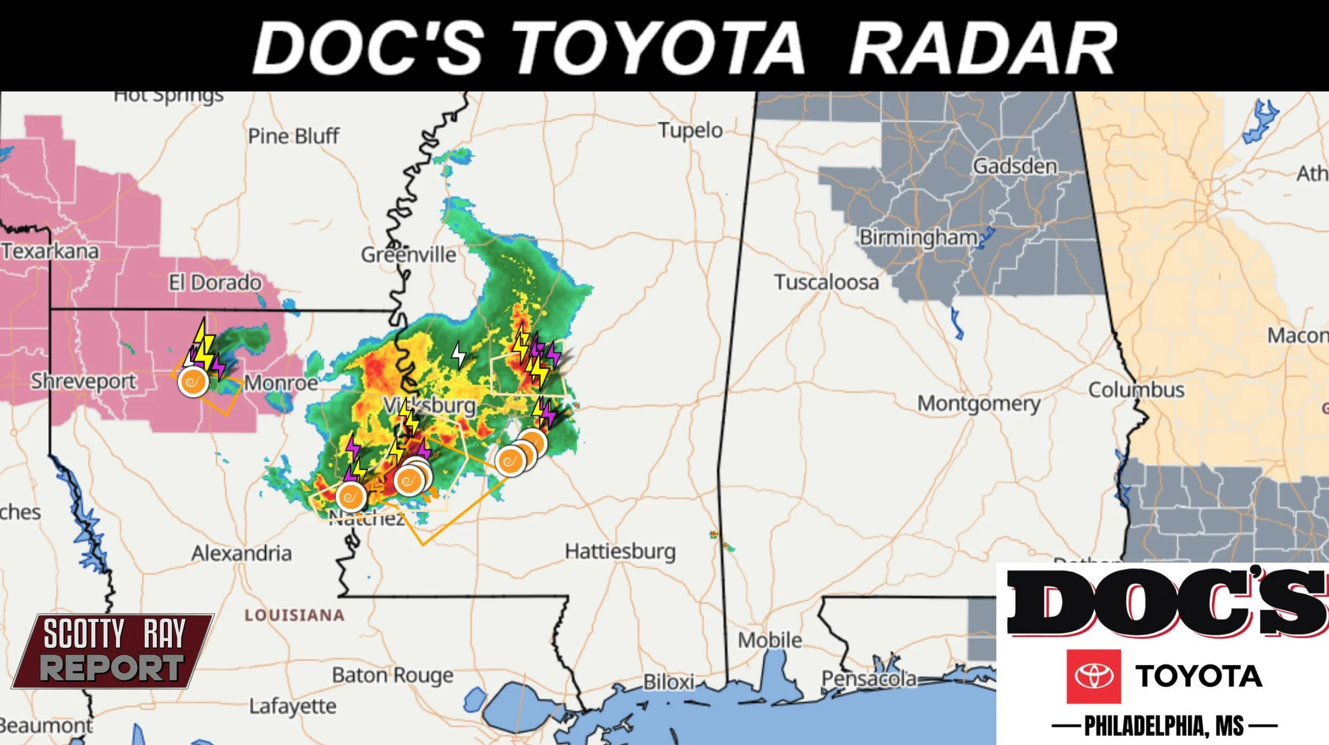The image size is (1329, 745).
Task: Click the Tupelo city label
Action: pyautogui.click(x=690, y=130)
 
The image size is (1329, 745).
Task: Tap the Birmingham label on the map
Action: pyautogui.click(x=918, y=237)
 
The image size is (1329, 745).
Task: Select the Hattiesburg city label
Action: pyautogui.click(x=620, y=551)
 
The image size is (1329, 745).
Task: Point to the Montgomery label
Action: pyautogui.click(x=979, y=404)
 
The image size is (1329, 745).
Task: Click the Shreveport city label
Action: pyautogui.click(x=83, y=382)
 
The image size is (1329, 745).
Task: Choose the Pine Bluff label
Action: pyautogui.click(x=293, y=136)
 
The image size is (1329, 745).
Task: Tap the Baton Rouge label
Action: pyautogui.click(x=393, y=675)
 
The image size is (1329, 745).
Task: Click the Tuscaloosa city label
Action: pyautogui.click(x=826, y=282)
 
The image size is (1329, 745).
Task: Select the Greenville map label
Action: pyautogui.click(x=409, y=255)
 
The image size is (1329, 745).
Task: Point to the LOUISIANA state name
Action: pyautogui.click(x=294, y=615)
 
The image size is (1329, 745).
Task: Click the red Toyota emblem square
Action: pyautogui.click(x=1093, y=676)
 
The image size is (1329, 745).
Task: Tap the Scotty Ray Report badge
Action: pyautogui.click(x=113, y=651)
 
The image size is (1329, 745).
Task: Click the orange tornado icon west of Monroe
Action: pyautogui.click(x=193, y=382)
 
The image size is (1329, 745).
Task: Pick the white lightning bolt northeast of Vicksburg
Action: pyautogui.click(x=458, y=355)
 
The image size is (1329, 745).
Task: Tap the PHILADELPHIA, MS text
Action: pyautogui.click(x=1164, y=726)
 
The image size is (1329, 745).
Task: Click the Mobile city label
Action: pyautogui.click(x=770, y=640)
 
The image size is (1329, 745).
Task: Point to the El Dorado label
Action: pyautogui.click(x=215, y=283)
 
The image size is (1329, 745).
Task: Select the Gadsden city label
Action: pyautogui.click(x=1015, y=166)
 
